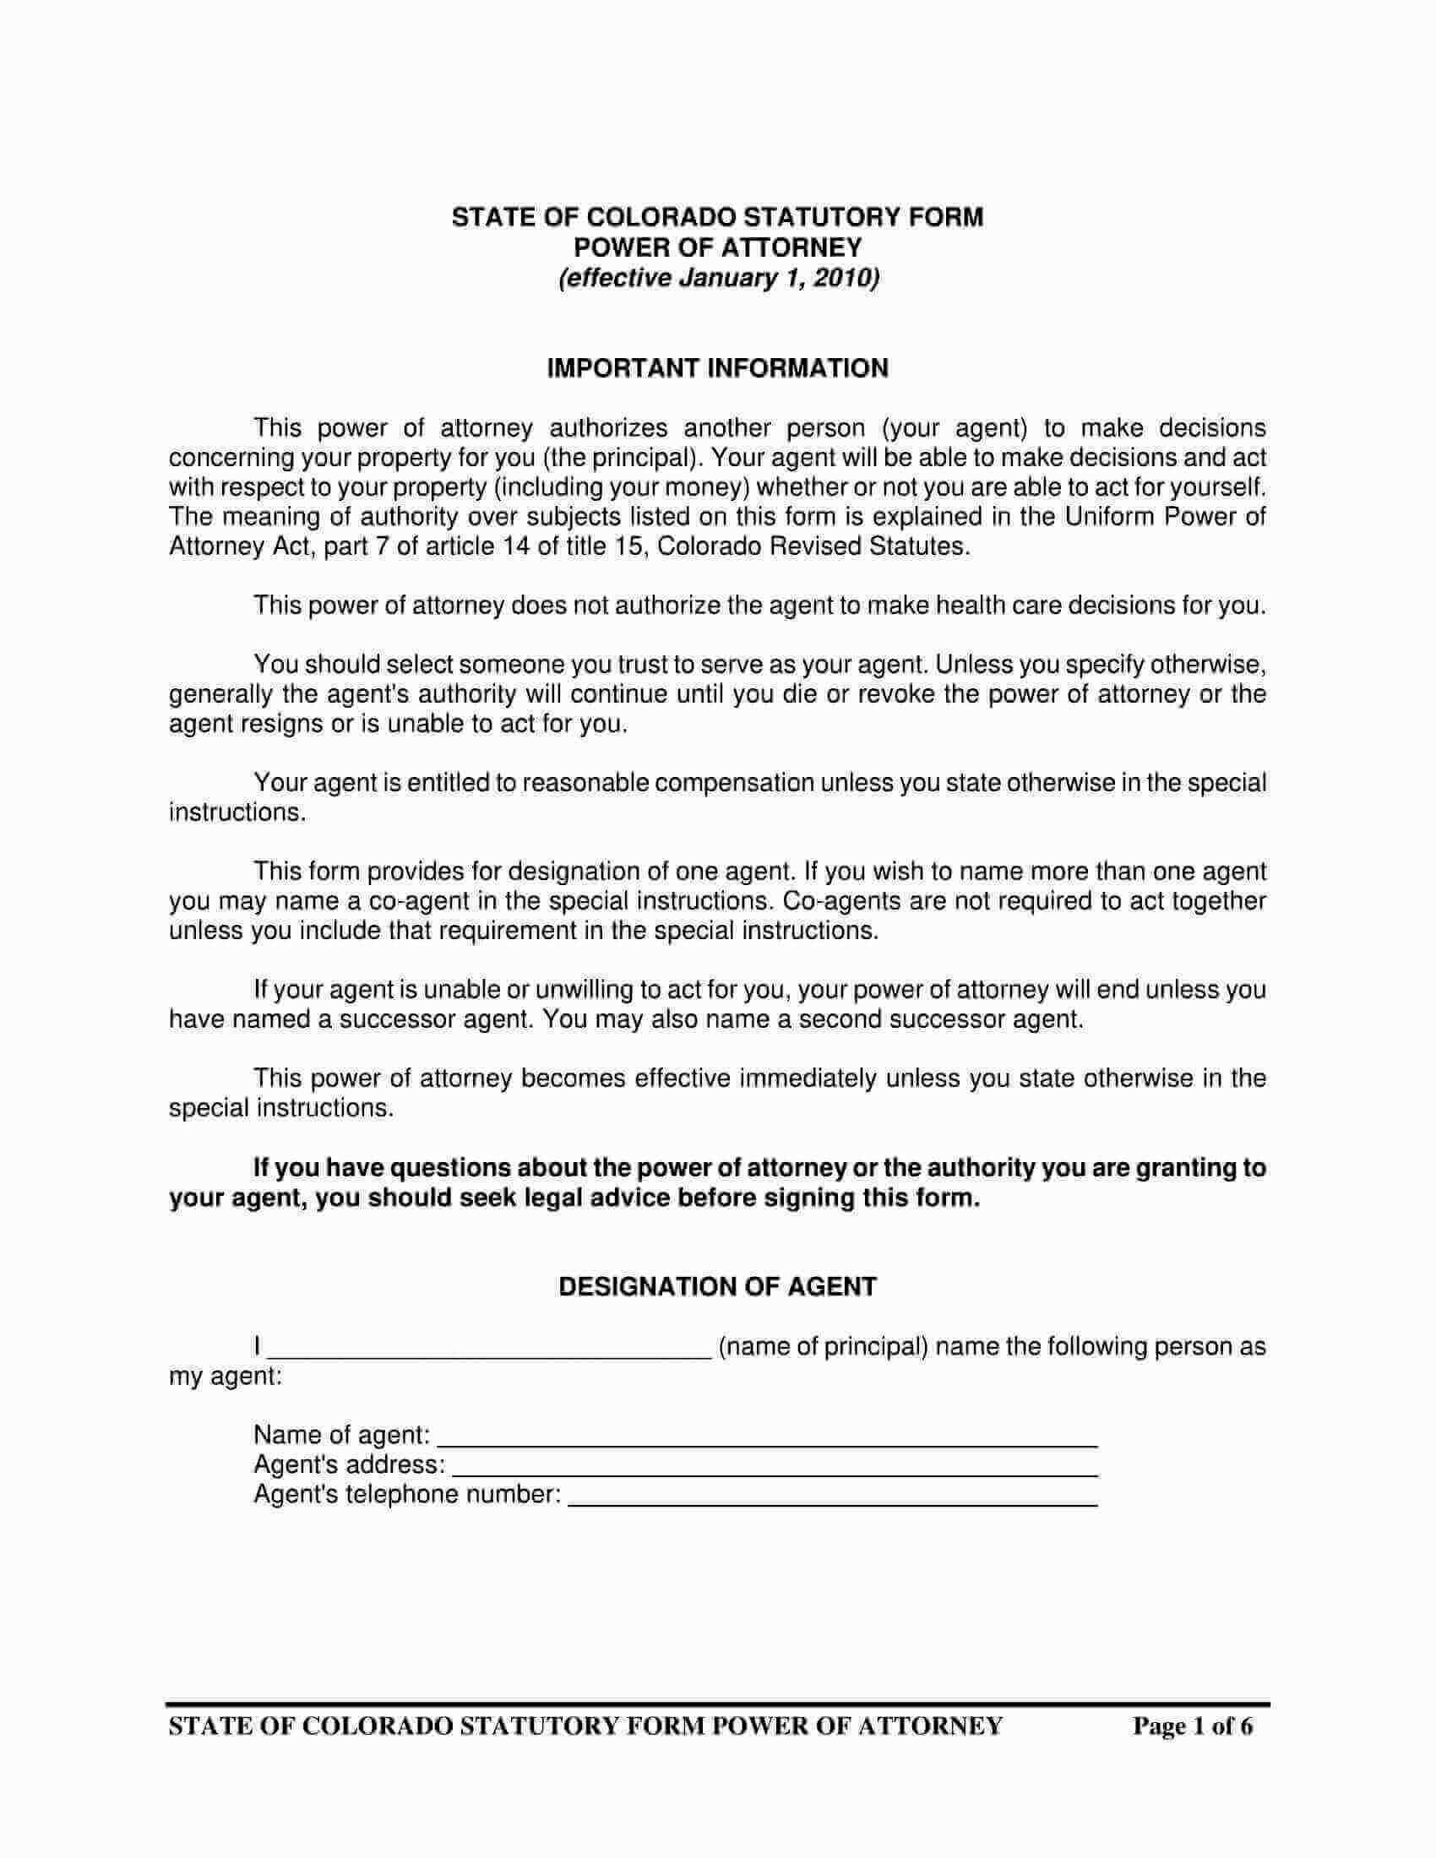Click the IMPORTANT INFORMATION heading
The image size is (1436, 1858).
tap(717, 368)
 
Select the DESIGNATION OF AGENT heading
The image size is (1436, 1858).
tap(717, 1286)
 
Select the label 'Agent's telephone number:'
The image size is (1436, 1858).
tap(406, 1495)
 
